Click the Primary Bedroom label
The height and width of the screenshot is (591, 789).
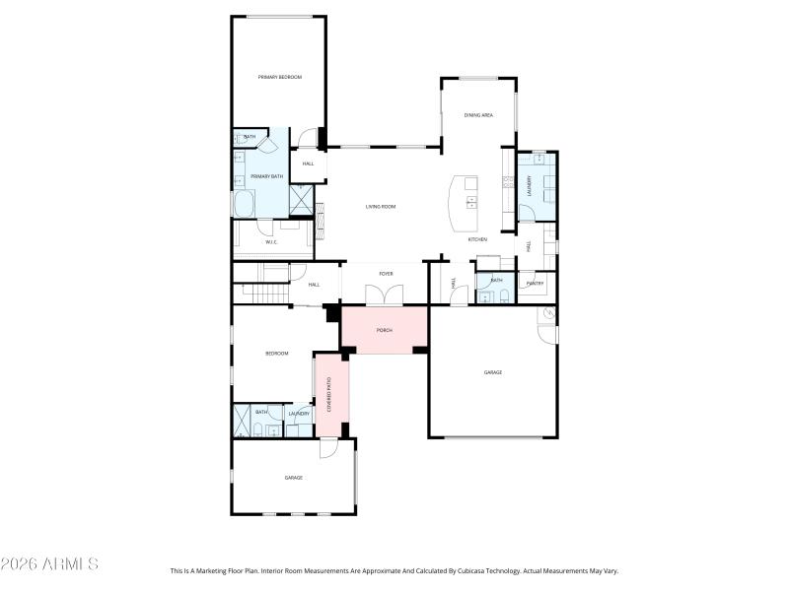(279, 77)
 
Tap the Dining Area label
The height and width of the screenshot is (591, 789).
(478, 115)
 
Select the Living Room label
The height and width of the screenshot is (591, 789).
(380, 207)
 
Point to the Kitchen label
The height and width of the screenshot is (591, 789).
(477, 239)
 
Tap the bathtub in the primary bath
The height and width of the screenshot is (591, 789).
(244, 204)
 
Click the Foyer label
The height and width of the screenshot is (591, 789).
(386, 274)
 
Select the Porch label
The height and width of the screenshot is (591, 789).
(385, 330)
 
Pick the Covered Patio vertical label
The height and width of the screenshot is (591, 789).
(329, 395)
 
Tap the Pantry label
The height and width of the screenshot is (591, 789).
(535, 284)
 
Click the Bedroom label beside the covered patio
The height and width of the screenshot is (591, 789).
(276, 353)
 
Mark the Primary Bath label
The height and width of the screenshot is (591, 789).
(266, 176)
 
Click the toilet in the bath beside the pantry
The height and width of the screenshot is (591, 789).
(503, 295)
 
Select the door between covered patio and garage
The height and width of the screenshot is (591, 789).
(328, 448)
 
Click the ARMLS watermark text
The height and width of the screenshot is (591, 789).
(49, 564)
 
